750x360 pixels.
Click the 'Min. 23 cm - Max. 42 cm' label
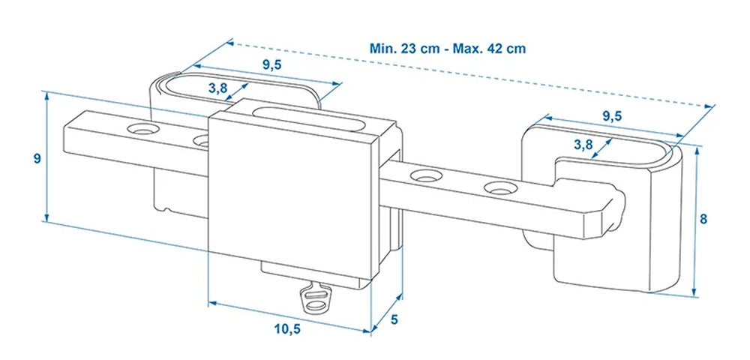[x=448, y=49]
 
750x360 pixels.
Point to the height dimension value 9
[x=34, y=158]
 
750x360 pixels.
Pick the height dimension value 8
[x=703, y=220]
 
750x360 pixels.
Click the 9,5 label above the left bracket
[x=272, y=64]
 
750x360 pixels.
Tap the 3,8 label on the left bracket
[x=218, y=88]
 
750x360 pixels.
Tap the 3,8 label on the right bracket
[x=584, y=143]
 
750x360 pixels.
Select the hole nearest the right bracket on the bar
[x=496, y=187]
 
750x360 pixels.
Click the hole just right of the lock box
[x=426, y=178]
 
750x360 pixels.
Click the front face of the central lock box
[x=292, y=195]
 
